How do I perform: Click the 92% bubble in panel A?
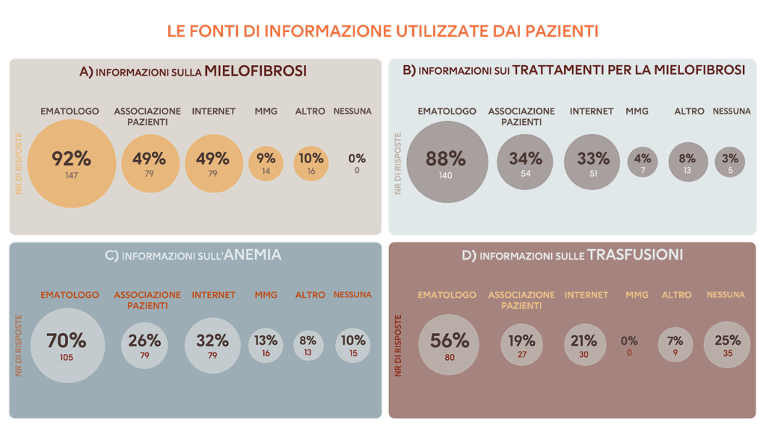point(72,163)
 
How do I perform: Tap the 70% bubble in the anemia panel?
point(67,345)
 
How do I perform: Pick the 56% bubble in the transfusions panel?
point(449,344)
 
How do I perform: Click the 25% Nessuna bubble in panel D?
point(728,345)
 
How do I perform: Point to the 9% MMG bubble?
point(266,162)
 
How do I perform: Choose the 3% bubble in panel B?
point(730,162)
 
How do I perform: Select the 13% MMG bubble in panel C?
point(266,345)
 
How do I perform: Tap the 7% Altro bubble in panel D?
point(675,345)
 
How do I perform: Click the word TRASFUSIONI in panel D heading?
point(635,255)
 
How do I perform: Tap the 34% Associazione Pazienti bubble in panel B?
point(525,162)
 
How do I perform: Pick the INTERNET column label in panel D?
point(586,295)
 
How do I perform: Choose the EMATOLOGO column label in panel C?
point(70,295)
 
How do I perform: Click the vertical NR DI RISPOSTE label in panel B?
point(398,163)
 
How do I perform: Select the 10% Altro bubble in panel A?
point(311,162)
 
